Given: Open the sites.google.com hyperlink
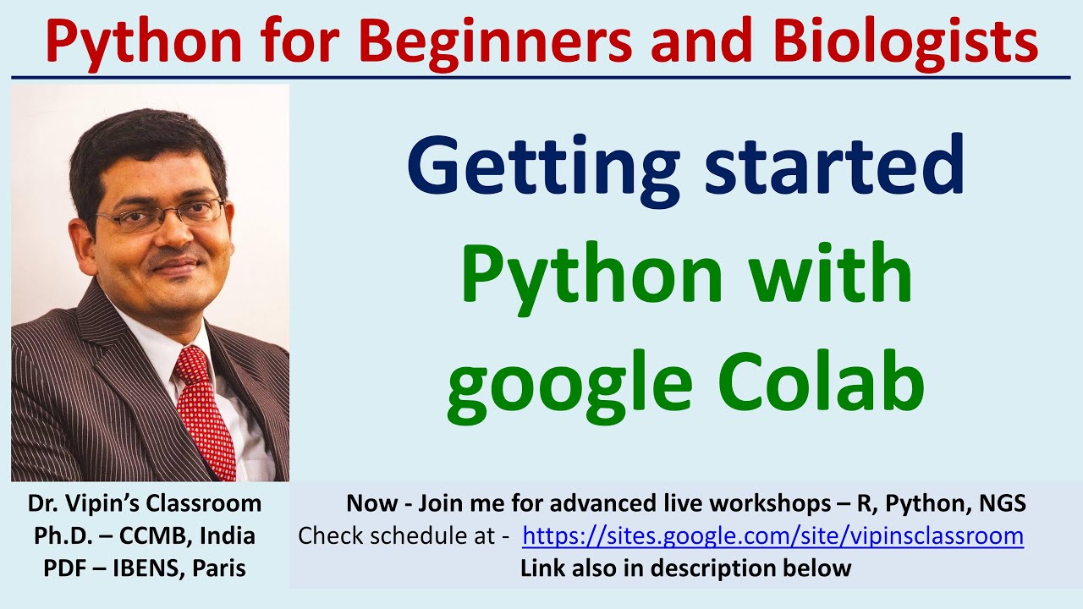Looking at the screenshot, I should [x=772, y=536].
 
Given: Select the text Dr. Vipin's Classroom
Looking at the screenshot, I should [x=145, y=504].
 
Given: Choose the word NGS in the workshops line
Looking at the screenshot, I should [x=1000, y=504].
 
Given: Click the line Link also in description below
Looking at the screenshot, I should [x=685, y=568].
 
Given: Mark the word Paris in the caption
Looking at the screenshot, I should [x=218, y=568].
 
